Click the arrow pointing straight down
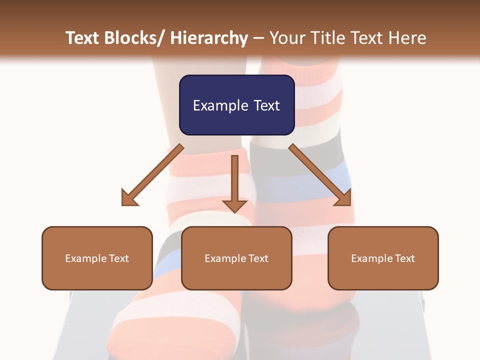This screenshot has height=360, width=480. coord(234,185)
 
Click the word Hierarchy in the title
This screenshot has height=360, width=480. coord(209,38)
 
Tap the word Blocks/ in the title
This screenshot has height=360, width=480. coord(132,38)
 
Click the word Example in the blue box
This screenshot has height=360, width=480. coord(220,105)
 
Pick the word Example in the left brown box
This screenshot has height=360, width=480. coord(86,258)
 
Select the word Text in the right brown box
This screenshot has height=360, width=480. coord(405,258)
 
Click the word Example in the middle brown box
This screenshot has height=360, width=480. coord(225,258)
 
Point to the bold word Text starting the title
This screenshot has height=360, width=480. coord(82,38)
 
